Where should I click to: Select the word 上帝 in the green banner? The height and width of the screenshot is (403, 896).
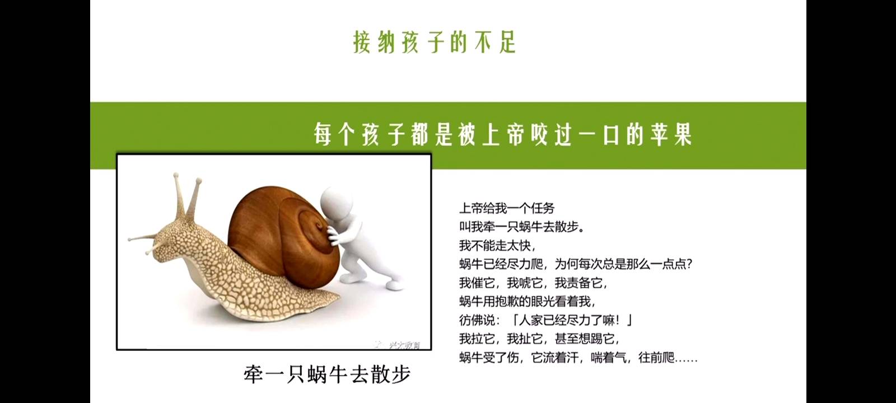pyautogui.click(x=503, y=135)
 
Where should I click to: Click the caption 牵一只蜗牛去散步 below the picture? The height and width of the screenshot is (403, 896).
pyautogui.click(x=327, y=374)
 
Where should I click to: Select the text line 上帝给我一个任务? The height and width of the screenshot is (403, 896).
pyautogui.click(x=507, y=208)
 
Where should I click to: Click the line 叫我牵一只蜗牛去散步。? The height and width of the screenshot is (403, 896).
pyautogui.click(x=522, y=227)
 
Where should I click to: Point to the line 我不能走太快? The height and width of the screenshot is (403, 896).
pyautogui.click(x=497, y=245)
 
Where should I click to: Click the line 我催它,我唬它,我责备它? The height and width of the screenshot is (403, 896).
pyautogui.click(x=533, y=283)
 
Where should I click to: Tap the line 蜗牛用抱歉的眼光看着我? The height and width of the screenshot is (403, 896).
pyautogui.click(x=527, y=301)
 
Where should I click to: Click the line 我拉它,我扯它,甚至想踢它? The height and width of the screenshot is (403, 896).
pyautogui.click(x=539, y=339)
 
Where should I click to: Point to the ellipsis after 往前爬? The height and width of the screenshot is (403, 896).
pyautogui.click(x=686, y=358)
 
